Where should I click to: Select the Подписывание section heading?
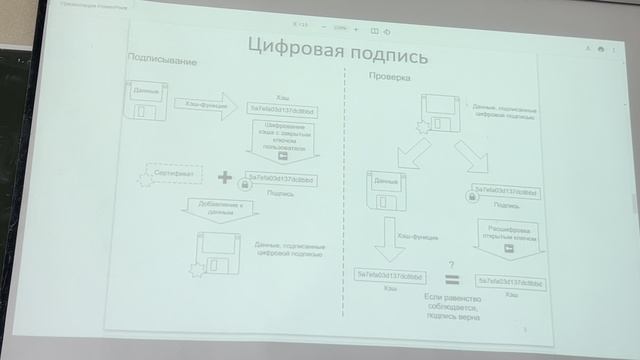(163, 62)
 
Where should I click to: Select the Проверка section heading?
(388, 75)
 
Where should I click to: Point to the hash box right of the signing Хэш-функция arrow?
(283, 110)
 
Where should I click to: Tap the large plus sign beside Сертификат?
(224, 179)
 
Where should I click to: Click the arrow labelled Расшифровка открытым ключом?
(509, 241)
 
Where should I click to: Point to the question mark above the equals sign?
(452, 262)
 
